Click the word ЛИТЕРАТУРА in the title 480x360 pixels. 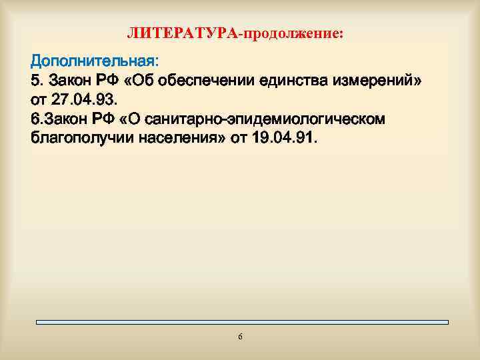tap(182, 33)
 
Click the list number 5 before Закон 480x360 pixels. tap(35, 81)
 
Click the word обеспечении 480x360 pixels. tap(209, 81)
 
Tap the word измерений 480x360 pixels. tap(380, 81)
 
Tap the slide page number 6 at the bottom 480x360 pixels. tap(240, 337)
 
